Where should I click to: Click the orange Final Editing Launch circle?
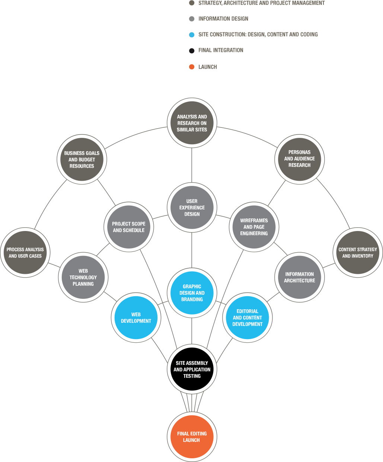(192, 437)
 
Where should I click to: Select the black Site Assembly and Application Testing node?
(192, 369)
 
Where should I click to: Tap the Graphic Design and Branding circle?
(192, 293)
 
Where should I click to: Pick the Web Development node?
(136, 317)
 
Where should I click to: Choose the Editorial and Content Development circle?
(247, 317)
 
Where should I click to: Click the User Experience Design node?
(192, 207)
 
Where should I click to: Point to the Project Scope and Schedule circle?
(129, 227)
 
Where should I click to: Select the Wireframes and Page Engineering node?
(254, 227)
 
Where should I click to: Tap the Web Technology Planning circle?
(83, 277)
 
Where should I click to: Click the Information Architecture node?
(300, 277)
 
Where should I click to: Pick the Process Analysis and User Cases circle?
(25, 253)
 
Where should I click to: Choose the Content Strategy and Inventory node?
(358, 253)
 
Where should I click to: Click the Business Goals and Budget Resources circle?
(82, 159)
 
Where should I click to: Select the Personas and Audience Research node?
(300, 159)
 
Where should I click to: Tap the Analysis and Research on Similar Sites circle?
(192, 123)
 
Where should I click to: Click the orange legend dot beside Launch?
(192, 67)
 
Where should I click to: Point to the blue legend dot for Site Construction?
(192, 35)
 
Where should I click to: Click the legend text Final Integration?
(221, 50)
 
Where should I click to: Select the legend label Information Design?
(223, 19)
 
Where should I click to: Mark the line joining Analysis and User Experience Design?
(192, 165)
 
